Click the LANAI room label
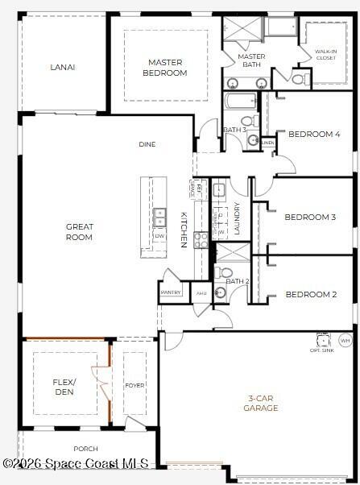62,67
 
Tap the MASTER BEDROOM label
165,67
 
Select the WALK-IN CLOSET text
326,55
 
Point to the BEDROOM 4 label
314,135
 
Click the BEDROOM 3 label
309,217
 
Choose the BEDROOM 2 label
311,294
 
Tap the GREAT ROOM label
79,232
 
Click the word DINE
147,144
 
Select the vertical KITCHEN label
184,230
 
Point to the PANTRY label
171,292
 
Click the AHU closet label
201,293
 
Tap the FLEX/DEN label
64,387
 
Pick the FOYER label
134,385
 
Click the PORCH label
85,449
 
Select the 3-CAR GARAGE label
261,403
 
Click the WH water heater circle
346,341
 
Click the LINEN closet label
268,143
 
